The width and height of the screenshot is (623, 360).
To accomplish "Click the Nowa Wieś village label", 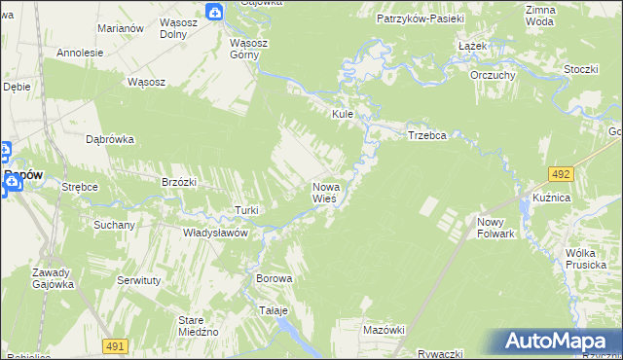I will pyautogui.click(x=324, y=192).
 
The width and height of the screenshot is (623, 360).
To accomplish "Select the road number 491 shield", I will pyautogui.click(x=115, y=345).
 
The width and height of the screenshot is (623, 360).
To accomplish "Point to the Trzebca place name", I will pyautogui.click(x=426, y=135).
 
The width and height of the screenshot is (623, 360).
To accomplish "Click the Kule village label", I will pyautogui.click(x=342, y=113).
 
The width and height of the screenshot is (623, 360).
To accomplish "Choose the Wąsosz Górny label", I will pyautogui.click(x=248, y=50).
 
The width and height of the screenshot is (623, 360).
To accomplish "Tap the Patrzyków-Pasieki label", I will pyautogui.click(x=421, y=18).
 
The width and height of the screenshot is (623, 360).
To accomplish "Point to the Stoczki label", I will pyautogui.click(x=580, y=69).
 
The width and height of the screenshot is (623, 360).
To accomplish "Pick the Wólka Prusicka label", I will pyautogui.click(x=586, y=259).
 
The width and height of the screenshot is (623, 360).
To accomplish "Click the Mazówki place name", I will pyautogui.click(x=384, y=330).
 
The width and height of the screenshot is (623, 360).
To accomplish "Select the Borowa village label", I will pyautogui.click(x=274, y=278).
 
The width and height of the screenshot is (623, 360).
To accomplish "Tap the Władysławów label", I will pyautogui.click(x=216, y=233).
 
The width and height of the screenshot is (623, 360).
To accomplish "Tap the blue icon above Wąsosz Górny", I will pyautogui.click(x=215, y=12).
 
